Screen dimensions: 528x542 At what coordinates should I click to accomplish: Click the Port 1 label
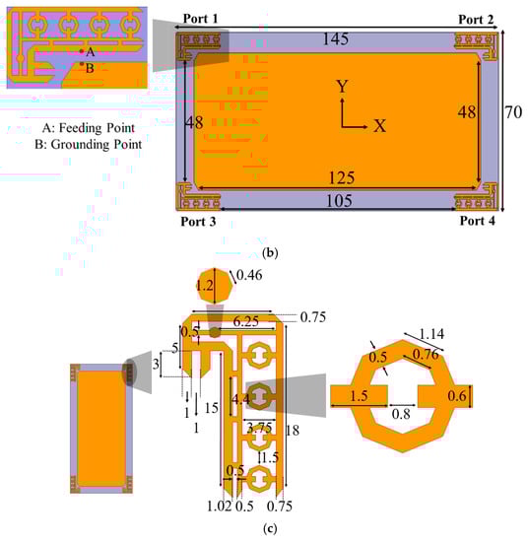pos(200,19)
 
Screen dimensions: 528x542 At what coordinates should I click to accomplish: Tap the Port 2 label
pos(476,20)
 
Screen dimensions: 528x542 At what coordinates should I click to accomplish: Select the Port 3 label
pos(198,221)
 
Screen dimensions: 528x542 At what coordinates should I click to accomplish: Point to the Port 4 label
pos(477,221)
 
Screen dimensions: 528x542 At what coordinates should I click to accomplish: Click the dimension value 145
pos(336,38)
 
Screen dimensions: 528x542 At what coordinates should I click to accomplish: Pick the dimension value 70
pos(513,112)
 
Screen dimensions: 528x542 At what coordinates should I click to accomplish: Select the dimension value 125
pos(342,177)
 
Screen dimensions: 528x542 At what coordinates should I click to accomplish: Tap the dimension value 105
pos(339,201)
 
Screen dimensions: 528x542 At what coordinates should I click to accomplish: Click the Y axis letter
pos(342,86)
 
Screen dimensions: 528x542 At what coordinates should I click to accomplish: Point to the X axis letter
pos(380,126)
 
